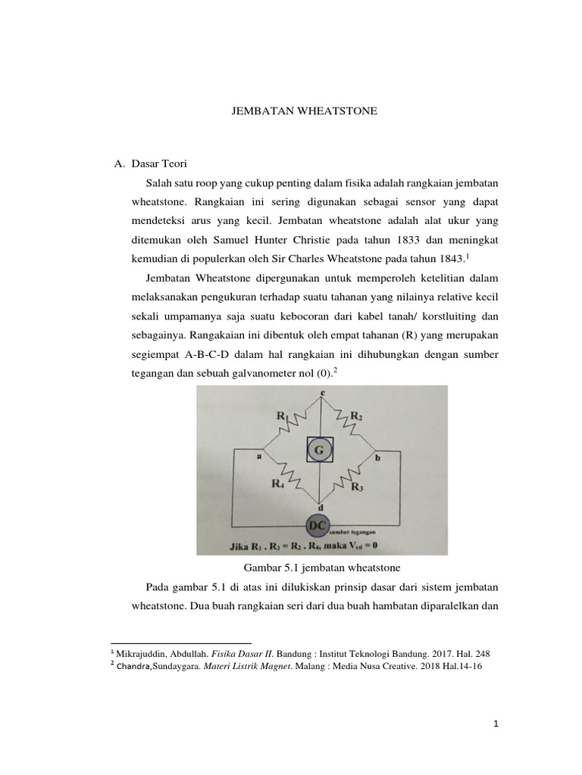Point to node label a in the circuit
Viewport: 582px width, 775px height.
[x=259, y=457]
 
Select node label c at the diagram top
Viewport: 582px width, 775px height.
[x=324, y=393]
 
